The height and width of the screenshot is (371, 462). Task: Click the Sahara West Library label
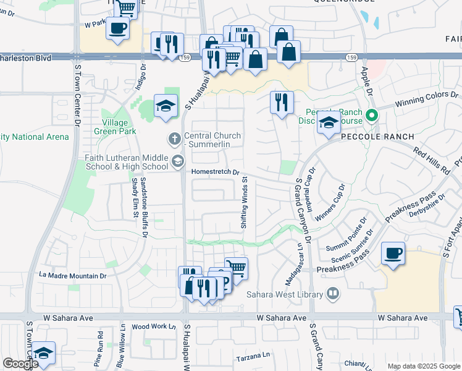(x=286, y=294)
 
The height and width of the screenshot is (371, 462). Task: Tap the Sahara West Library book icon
(x=333, y=293)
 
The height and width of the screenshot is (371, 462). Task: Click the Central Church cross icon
(x=174, y=137)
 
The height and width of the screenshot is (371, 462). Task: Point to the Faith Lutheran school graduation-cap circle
(x=177, y=162)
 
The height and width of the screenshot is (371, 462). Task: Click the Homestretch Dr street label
(x=216, y=173)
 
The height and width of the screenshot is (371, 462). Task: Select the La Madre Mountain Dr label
(x=72, y=275)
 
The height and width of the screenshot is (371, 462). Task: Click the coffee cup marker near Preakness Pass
(x=393, y=254)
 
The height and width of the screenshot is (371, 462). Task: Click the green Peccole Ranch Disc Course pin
(x=371, y=115)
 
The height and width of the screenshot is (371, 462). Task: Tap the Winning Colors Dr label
(x=427, y=99)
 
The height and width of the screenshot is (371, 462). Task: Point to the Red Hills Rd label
(x=432, y=161)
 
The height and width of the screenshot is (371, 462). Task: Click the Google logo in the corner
(x=20, y=364)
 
